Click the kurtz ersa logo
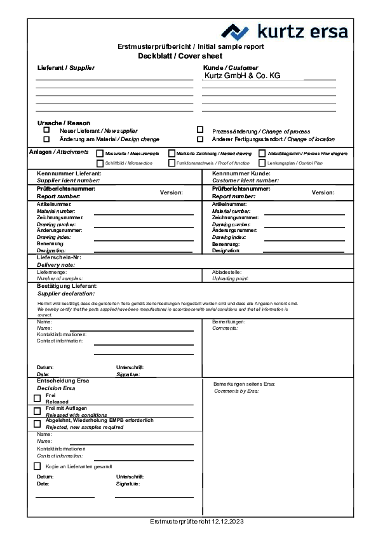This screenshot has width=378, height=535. pyautogui.click(x=284, y=31)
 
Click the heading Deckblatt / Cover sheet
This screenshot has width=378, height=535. pyautogui.click(x=180, y=56)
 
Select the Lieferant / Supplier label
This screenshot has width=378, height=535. pyautogui.click(x=66, y=67)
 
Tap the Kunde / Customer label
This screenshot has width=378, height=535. pyautogui.click(x=231, y=67)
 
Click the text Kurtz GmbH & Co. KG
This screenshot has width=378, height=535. pyautogui.click(x=242, y=76)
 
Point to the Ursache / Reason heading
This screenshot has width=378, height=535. pyautogui.click(x=64, y=123)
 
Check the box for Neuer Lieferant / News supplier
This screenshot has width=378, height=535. pyautogui.click(x=46, y=130)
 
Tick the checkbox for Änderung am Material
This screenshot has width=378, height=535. pyautogui.click(x=46, y=139)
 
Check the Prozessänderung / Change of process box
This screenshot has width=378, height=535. pyautogui.click(x=200, y=130)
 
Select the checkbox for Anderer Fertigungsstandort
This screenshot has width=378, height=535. pyautogui.click(x=200, y=139)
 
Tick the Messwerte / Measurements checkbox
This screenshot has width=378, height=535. pyautogui.click(x=100, y=153)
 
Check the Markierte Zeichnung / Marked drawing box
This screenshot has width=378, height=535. pyautogui.click(x=172, y=153)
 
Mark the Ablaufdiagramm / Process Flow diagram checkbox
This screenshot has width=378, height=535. pyautogui.click(x=262, y=153)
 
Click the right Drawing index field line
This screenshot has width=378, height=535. pyautogui.click(x=304, y=240)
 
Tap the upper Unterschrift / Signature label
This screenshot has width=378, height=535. pyautogui.click(x=130, y=370)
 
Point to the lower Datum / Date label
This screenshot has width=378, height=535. pyautogui.click(x=45, y=480)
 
